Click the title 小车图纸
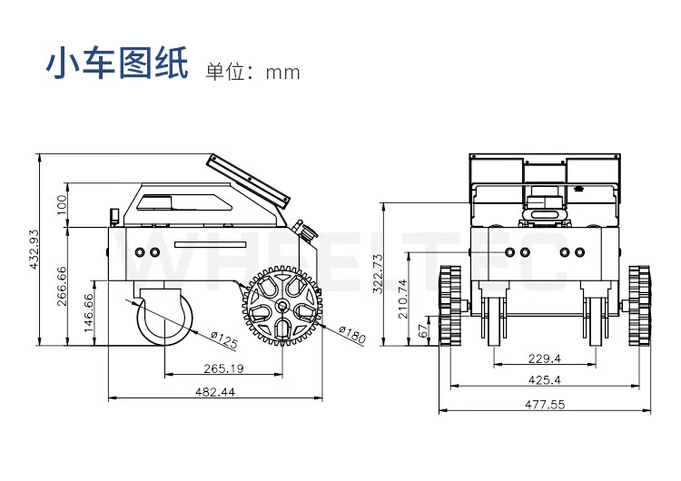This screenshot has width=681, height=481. [118, 66]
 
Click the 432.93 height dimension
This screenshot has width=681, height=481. [35, 249]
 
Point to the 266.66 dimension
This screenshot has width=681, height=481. [62, 286]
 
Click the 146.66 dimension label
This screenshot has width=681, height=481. [89, 313]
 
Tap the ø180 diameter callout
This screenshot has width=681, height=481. [351, 335]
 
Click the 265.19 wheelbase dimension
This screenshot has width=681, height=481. [223, 368]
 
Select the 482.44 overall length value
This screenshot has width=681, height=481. [216, 392]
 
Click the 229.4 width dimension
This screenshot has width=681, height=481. [545, 358]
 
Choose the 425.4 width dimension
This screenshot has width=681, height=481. [545, 380]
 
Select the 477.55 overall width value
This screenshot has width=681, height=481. [545, 405]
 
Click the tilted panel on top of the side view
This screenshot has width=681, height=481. [248, 180]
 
